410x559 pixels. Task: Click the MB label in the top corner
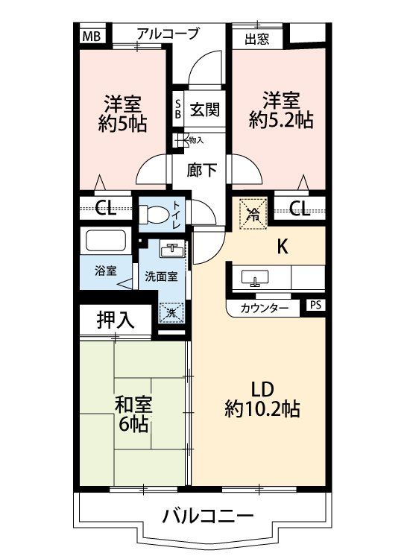91,35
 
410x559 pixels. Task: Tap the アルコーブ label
168,34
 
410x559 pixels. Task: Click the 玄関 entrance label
204,110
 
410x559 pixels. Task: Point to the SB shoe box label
177,110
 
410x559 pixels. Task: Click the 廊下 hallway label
203,169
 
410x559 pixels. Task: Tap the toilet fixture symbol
155,213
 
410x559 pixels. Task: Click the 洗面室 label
162,276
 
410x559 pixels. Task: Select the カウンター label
264,307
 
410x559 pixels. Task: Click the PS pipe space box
315,306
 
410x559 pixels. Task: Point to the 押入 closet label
115,320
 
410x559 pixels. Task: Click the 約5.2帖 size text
280,119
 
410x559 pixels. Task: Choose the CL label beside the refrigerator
300,208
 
